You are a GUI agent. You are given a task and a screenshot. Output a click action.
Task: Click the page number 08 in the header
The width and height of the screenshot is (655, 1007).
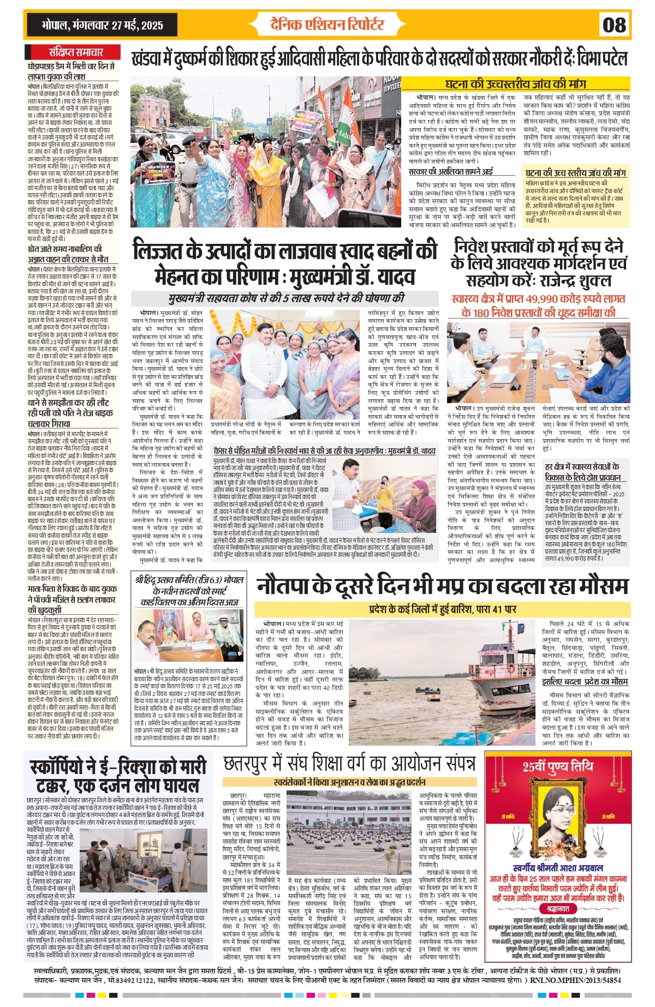click(x=614, y=25)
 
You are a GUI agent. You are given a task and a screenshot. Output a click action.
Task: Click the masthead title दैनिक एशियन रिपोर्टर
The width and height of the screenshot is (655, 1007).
click(x=327, y=25)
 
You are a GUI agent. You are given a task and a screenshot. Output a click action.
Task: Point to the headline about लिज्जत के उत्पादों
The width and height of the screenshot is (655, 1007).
click(x=285, y=263)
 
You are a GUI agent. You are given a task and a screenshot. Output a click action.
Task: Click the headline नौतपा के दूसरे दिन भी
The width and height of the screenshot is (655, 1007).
click(x=442, y=586)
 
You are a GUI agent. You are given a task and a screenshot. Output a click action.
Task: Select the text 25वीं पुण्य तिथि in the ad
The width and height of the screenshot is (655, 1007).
click(x=558, y=766)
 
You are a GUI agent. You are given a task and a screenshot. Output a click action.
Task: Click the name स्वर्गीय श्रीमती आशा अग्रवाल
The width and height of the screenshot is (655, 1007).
click(x=558, y=868)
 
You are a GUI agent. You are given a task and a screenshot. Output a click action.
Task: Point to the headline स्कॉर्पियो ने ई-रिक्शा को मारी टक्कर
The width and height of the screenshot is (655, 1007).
click(x=118, y=776)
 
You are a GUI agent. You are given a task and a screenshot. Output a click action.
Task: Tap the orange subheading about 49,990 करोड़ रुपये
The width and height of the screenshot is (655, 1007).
click(x=538, y=306)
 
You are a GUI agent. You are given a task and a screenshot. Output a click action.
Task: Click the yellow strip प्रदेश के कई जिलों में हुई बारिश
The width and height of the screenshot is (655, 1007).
click(x=442, y=609)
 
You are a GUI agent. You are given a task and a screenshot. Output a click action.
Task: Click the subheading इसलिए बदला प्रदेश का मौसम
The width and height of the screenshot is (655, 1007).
click(x=585, y=682)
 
